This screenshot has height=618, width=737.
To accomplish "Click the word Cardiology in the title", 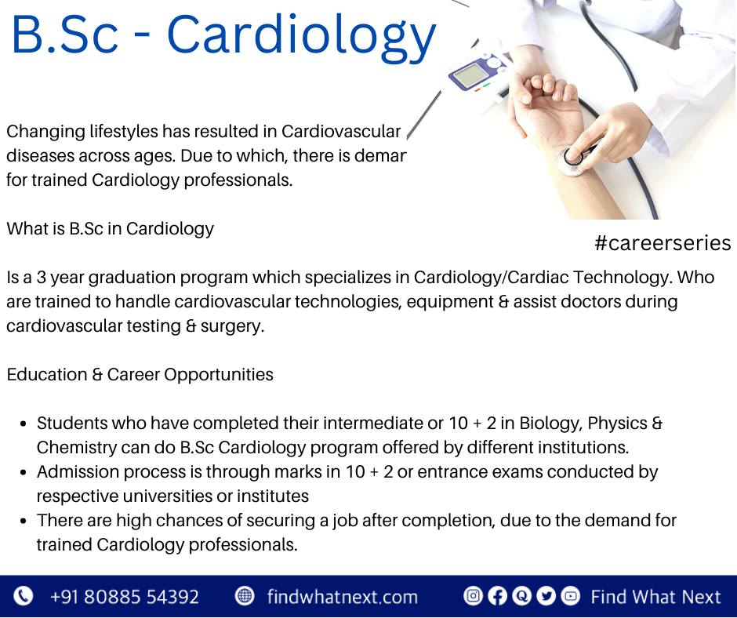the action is pos(301,37).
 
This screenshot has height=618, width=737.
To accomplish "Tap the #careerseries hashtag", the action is pos(663,243).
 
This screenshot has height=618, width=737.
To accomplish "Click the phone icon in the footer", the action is pos(23,596).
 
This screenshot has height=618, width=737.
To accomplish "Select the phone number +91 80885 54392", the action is pos(125,596).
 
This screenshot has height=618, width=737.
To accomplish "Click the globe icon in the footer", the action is pos(244,596).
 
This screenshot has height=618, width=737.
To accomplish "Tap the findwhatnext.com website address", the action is pos(342,596).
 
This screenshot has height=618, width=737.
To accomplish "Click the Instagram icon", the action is pos(473,596).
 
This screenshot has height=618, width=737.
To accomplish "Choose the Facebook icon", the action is pos(497,596).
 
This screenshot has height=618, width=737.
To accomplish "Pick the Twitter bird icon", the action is pos(546,596).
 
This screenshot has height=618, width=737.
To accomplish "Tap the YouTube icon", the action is pos(571,596).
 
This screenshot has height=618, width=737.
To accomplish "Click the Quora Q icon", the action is pos(521,596).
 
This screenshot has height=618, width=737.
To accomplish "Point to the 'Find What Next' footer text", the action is pos(655,596).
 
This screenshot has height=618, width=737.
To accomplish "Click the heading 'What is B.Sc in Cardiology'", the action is pos(110,228).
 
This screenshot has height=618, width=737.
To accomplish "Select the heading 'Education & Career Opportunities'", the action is pos(140,374).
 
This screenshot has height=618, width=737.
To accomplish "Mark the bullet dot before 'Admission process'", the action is pos(24,472).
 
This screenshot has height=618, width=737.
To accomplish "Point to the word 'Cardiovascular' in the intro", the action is pos(341,131).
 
